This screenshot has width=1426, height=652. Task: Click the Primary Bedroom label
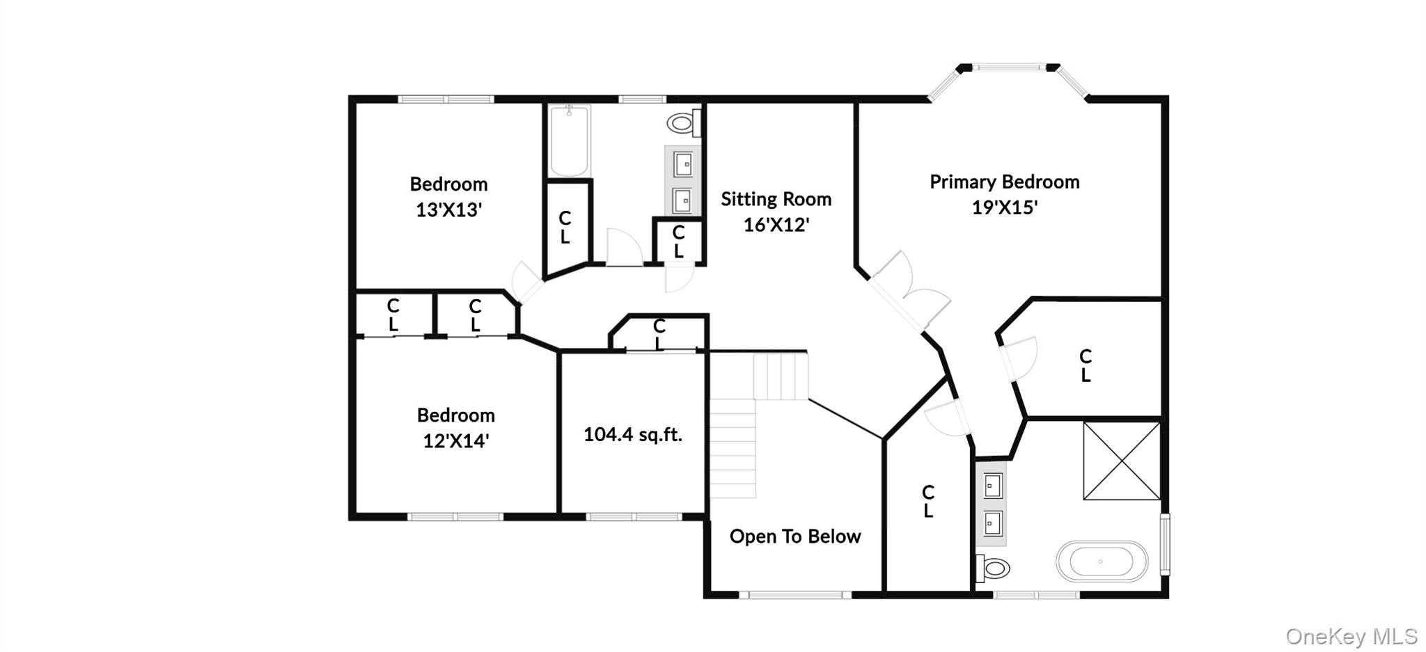pyautogui.click(x=1004, y=182)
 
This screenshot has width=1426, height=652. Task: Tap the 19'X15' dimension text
pyautogui.click(x=1004, y=207)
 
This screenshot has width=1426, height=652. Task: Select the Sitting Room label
pyautogui.click(x=776, y=200)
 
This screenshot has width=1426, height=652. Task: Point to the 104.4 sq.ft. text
pyautogui.click(x=632, y=435)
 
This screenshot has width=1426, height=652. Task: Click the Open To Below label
pyautogui.click(x=794, y=536)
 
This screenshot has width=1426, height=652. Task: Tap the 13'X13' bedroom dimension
pyautogui.click(x=448, y=210)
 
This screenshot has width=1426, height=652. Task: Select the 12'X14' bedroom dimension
pyautogui.click(x=455, y=441)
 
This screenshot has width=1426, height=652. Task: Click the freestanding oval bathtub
pyautogui.click(x=1102, y=562)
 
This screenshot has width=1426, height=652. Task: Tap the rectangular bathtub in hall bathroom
pyautogui.click(x=570, y=141)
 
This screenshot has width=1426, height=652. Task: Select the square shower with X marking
pyautogui.click(x=1121, y=461)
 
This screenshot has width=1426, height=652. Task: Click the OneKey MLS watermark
pyautogui.click(x=1351, y=636)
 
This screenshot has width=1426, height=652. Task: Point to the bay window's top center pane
pyautogui.click(x=1008, y=67)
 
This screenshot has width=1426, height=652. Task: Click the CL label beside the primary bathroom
pyautogui.click(x=927, y=502)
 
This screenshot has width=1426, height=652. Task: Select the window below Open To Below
pyautogui.click(x=794, y=595)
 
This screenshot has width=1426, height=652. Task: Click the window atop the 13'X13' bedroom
pyautogui.click(x=446, y=100)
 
